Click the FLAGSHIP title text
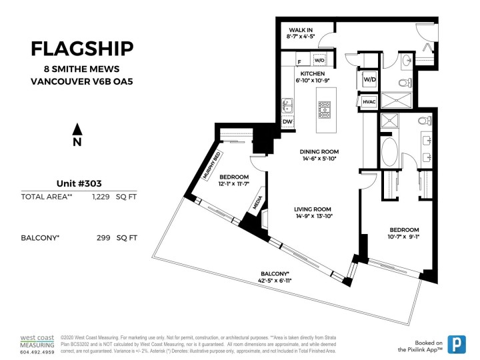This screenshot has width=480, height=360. click(82, 49)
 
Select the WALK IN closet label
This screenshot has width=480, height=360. click(301, 30)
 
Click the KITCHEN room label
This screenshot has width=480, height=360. click(312, 74)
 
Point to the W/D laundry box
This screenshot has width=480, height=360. click(369, 79)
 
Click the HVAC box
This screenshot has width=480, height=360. click(369, 101)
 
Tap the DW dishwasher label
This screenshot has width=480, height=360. click(287, 122)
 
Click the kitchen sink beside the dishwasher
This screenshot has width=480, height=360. click(287, 105)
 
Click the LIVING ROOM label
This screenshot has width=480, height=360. click(313, 209)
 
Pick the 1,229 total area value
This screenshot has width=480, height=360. click(104, 197)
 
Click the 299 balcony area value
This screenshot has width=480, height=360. click(104, 237)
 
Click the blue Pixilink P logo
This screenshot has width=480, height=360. click(457, 343)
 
